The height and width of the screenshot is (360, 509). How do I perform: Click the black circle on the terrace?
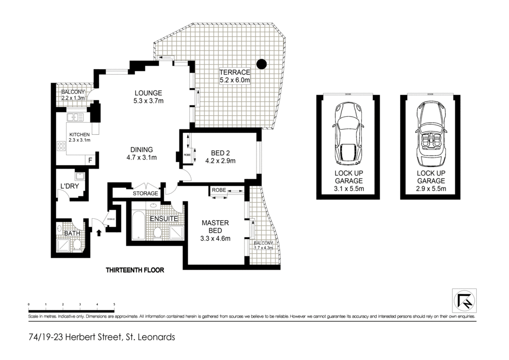point(261,64)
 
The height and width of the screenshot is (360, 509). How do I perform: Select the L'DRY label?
point(68,186)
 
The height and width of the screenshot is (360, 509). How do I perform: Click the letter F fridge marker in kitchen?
point(90,160)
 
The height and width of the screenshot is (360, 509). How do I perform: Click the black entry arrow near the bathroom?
point(99,232)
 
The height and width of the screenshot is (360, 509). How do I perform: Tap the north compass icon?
point(464,300)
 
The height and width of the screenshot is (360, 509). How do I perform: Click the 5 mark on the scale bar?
point(114,304)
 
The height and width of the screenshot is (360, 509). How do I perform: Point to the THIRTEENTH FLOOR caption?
point(135,270)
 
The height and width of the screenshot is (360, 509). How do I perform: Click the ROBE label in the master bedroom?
point(219,190)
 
